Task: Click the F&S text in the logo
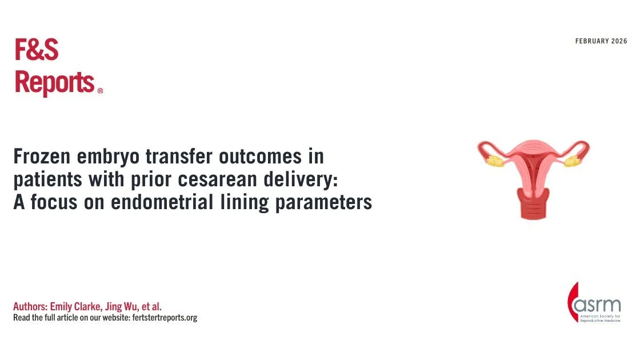point(36,51)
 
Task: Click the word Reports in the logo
point(54,82)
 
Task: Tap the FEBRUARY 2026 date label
point(601,41)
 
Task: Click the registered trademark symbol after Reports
point(100,90)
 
